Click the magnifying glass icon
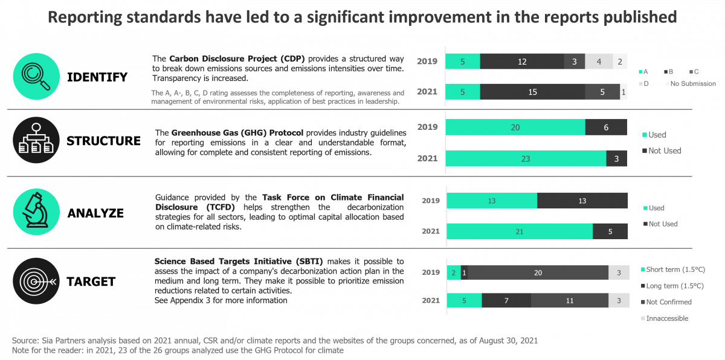pyautogui.click(x=36, y=75)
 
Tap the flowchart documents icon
pyautogui.click(x=36, y=140)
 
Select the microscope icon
pyautogui.click(x=36, y=211)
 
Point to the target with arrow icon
pyautogui.click(x=36, y=281)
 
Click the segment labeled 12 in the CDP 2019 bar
pyautogui.click(x=522, y=62)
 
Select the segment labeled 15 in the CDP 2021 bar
pyautogui.click(x=532, y=92)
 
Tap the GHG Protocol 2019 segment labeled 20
pyautogui.click(x=515, y=127)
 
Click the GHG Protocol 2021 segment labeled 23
pyautogui.click(x=526, y=158)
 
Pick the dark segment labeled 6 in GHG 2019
pyautogui.click(x=606, y=127)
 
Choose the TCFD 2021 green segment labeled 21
pyautogui.click(x=520, y=231)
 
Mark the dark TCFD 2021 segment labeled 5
pyautogui.click(x=610, y=231)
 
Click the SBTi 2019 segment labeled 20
pyautogui.click(x=538, y=273)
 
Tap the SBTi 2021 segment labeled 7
pyautogui.click(x=506, y=300)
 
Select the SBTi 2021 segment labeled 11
pyautogui.click(x=569, y=300)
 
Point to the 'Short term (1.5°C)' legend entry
pyautogui.click(x=674, y=269)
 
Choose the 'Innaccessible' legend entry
pyautogui.click(x=667, y=318)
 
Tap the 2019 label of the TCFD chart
pyautogui.click(x=431, y=201)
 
